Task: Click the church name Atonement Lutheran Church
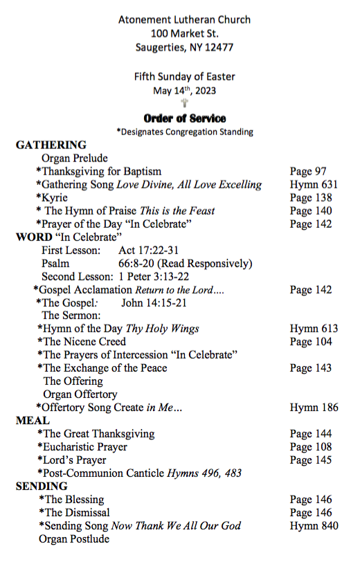click(184, 20)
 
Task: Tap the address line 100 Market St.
click(184, 34)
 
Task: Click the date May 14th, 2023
click(184, 90)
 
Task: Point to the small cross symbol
click(184, 104)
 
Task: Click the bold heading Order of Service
click(184, 118)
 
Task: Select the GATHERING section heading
click(51, 145)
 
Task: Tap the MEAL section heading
click(33, 420)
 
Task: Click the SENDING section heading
click(42, 486)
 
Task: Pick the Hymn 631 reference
click(314, 185)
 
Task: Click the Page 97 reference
click(308, 171)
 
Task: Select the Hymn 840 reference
click(314, 526)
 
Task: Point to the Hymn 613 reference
click(314, 329)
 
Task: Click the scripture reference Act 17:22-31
click(149, 250)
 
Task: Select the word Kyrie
click(55, 198)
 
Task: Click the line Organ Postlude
click(74, 539)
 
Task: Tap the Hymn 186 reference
click(314, 408)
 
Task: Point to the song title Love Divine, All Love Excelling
click(189, 185)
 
